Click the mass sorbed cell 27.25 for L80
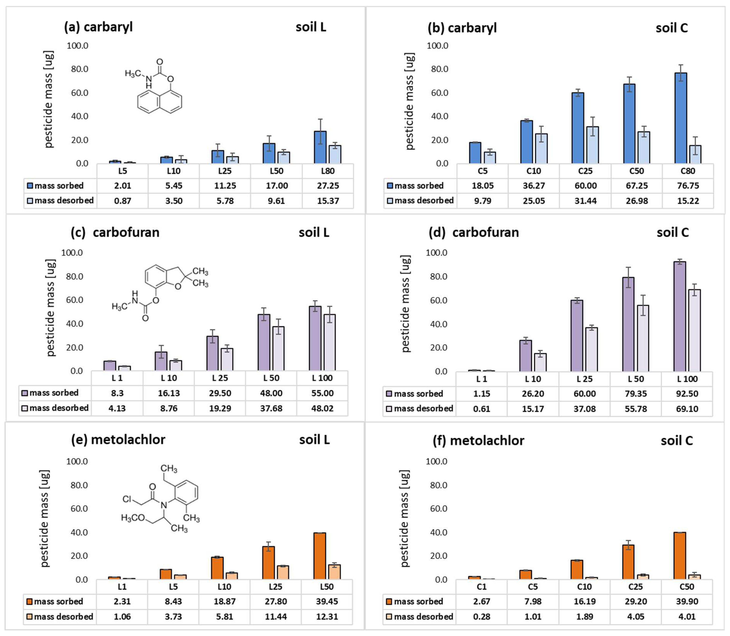tap(327, 186)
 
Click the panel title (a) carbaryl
tap(98, 27)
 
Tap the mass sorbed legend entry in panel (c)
tap(50, 393)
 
